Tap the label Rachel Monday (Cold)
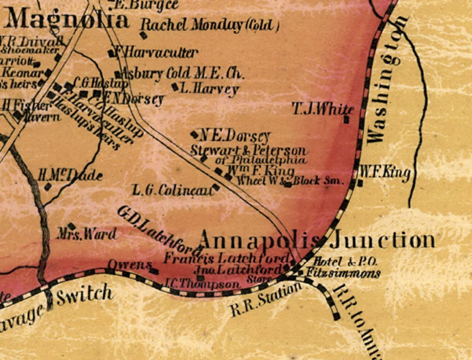210,25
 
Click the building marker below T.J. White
347,119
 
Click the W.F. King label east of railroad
385,172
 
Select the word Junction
382,240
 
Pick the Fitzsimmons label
347,273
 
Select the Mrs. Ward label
87,234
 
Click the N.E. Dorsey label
235,136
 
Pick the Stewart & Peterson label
248,150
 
